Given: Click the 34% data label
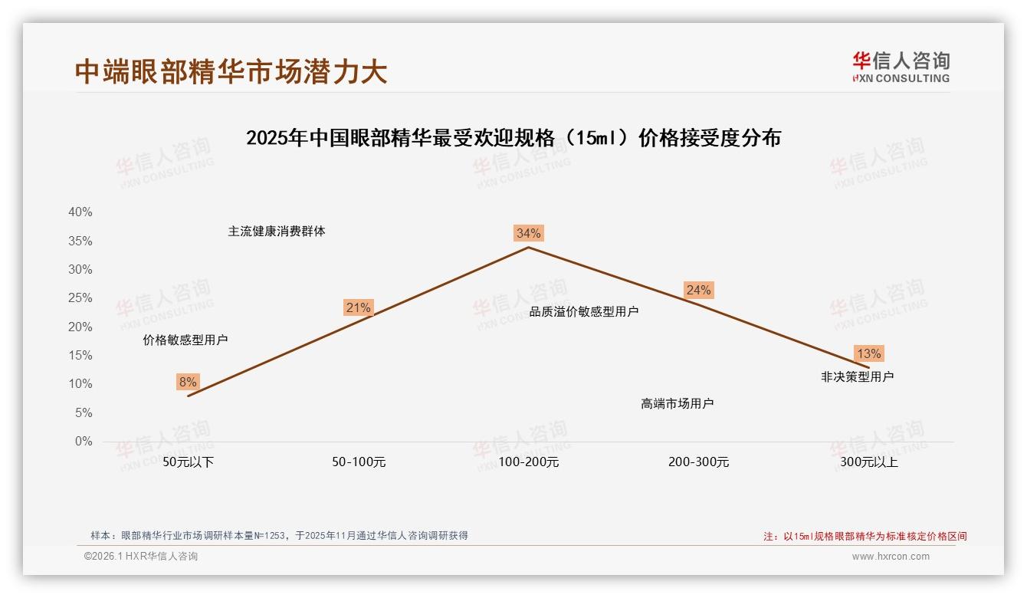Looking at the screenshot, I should point(529,233).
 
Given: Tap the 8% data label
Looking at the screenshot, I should point(188,382).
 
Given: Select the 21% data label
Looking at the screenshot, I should point(358,308).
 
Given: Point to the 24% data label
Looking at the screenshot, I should point(698,290).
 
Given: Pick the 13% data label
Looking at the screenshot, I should point(868,353).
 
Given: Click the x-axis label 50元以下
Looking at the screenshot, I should point(189,462).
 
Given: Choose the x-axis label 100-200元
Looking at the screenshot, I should point(529,462).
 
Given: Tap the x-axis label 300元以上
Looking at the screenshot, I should point(868,462).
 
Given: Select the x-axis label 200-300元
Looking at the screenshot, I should point(698,462).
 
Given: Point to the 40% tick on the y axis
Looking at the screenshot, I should point(80,212).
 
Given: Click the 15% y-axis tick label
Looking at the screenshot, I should point(80,356).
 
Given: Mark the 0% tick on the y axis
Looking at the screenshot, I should point(83,442).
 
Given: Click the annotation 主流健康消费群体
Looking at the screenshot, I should point(277,231).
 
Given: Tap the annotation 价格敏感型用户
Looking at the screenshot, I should point(185,340).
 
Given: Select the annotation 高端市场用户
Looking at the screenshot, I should point(678,403).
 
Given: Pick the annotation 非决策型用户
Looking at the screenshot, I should point(857,376).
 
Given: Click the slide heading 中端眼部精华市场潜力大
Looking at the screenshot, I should point(231,71).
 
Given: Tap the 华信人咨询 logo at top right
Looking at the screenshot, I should point(901,67).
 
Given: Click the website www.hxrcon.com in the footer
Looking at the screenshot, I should point(891,557).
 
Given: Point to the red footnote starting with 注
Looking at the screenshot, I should point(865,536).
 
